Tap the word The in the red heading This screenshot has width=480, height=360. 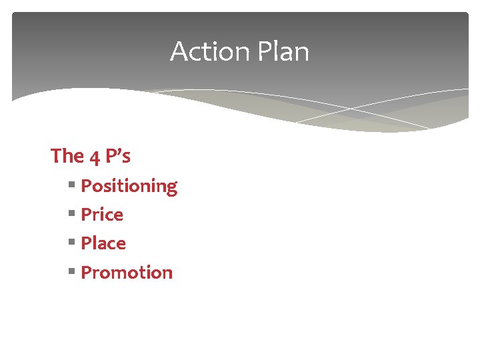67,156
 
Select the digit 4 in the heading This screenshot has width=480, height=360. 94,157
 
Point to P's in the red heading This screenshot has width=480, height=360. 117,156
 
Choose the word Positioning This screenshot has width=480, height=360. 129,186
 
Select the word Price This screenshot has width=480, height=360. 102,215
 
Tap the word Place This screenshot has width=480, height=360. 103,243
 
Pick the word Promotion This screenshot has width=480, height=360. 127,272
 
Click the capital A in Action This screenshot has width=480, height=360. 179,51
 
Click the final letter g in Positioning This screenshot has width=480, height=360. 171,189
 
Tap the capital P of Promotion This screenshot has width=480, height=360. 86,272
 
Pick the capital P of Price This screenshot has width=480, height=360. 86,215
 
